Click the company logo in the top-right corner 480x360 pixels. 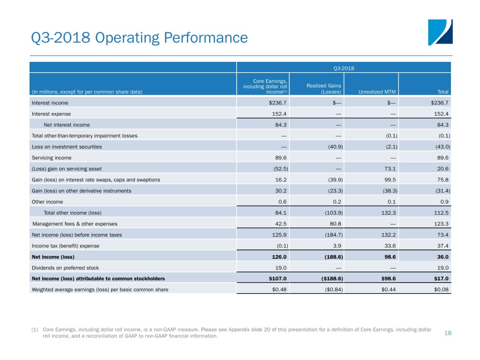440,32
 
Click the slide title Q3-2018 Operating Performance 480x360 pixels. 139,37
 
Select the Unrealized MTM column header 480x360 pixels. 373,91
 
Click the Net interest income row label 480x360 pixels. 67,125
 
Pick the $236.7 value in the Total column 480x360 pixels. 440,103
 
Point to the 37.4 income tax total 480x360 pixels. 442,246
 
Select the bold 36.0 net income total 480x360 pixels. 442,257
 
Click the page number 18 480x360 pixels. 447,333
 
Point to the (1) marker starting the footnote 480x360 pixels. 35,330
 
